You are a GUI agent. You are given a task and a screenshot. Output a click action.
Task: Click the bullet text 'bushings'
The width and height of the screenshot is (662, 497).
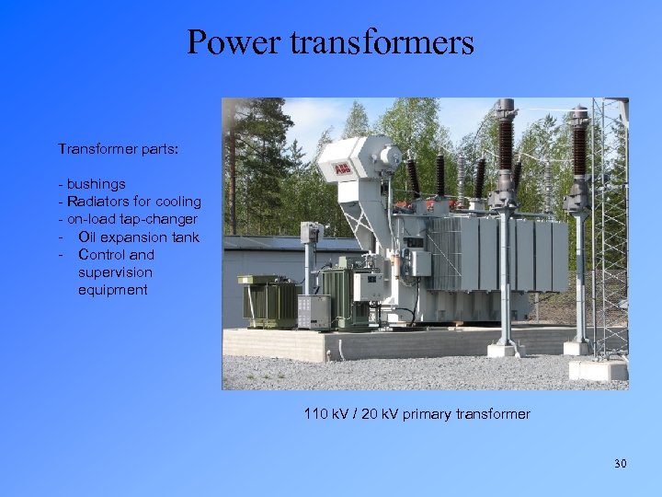click(96, 184)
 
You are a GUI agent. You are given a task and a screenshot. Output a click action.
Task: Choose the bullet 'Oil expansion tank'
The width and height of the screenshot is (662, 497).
click(138, 237)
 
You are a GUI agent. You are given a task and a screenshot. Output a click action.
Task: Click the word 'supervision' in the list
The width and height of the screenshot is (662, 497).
click(115, 272)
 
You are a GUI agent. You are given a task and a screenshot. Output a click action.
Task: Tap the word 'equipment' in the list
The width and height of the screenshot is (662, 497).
click(112, 290)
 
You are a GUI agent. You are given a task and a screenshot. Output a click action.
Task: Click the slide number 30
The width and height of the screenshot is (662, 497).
click(620, 463)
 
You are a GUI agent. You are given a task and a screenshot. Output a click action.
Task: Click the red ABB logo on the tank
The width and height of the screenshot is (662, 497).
click(342, 170)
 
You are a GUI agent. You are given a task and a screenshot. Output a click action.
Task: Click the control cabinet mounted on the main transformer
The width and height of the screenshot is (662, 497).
click(419, 262)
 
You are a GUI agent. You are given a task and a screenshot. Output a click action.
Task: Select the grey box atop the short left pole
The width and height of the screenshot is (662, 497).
click(312, 232)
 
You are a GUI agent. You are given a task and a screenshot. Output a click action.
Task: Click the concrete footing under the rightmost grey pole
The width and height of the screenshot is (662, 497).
click(577, 347)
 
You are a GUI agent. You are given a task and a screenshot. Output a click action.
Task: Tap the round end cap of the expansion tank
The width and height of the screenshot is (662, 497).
click(391, 156)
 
